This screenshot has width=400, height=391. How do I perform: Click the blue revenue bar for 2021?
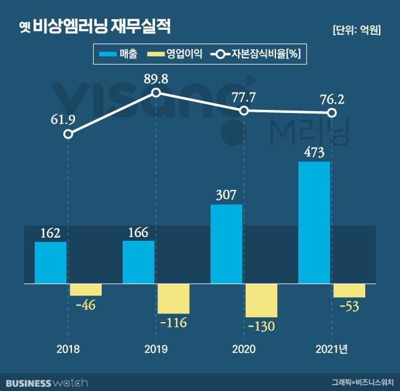[314, 223]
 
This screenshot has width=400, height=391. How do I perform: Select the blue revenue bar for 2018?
[50, 263]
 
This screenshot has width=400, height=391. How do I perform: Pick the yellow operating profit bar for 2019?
[173, 299]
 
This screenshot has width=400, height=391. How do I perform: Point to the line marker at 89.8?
[156, 92]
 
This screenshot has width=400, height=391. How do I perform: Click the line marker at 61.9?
[68, 134]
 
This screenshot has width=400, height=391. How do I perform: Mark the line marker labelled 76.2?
[332, 113]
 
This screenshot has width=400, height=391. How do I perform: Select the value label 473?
[314, 152]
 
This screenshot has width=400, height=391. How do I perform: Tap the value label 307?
[226, 195]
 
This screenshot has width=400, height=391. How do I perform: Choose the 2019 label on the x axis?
[156, 349]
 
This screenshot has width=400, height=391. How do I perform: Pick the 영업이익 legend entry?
[171, 54]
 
